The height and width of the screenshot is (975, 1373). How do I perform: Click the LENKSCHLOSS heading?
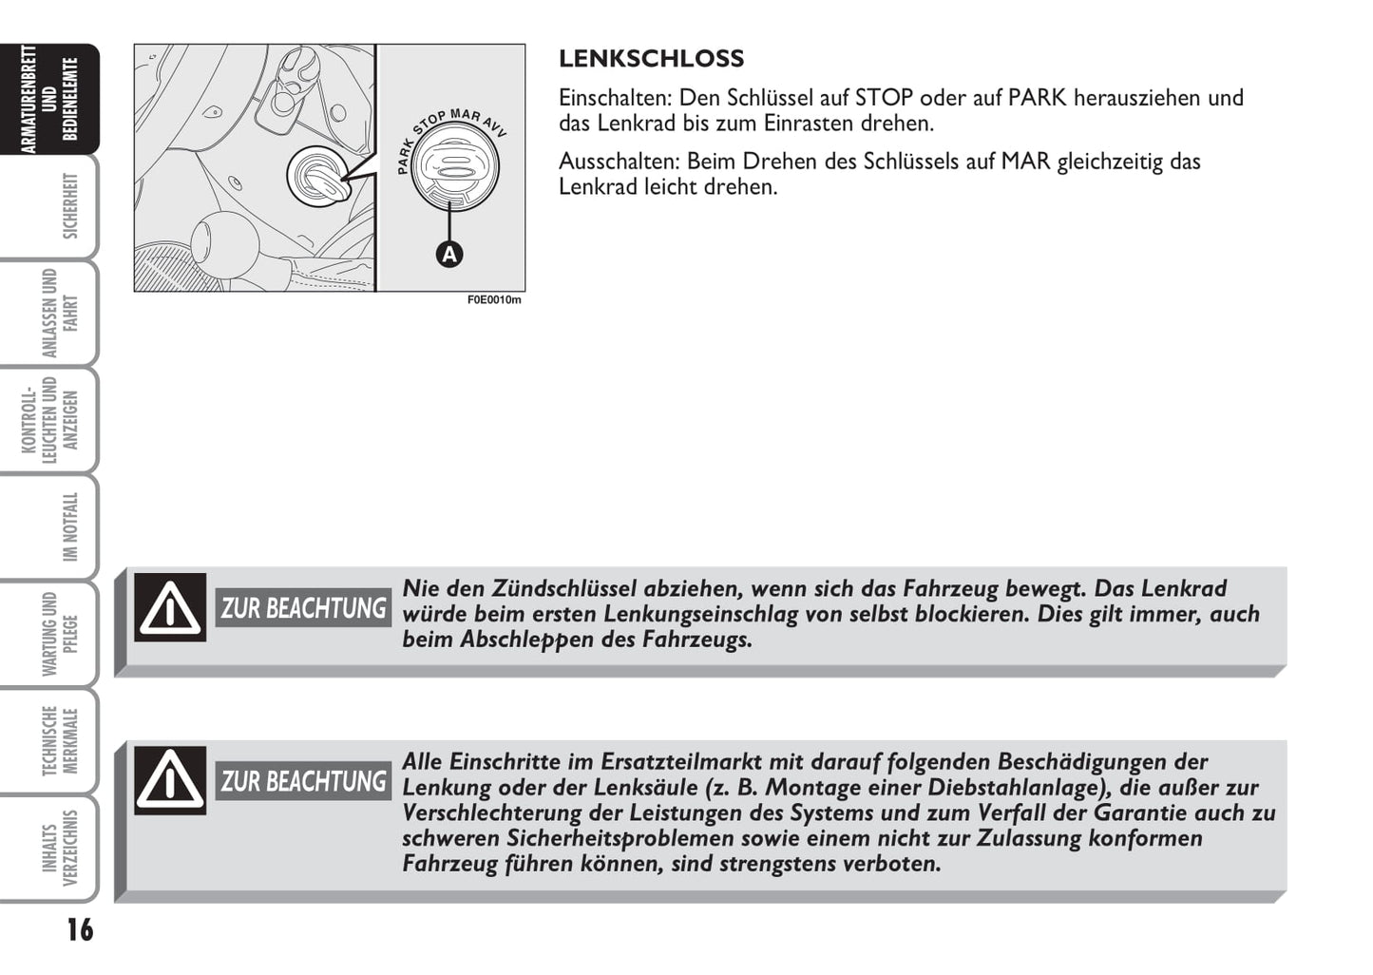click(651, 59)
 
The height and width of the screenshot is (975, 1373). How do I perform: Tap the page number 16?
click(80, 929)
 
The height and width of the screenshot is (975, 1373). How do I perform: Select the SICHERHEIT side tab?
click(69, 206)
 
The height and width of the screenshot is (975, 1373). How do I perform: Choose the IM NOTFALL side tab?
click(69, 526)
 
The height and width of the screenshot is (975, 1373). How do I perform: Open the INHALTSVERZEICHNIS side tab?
click(60, 848)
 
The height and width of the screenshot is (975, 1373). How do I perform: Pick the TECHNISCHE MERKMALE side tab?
click(60, 741)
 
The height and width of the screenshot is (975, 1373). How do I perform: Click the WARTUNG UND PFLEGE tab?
click(60, 634)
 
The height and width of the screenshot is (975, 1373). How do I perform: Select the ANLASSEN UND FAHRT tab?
click(60, 313)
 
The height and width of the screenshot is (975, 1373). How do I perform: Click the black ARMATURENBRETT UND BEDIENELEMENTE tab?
click(49, 99)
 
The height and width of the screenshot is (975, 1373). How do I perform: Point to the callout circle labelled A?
click(448, 255)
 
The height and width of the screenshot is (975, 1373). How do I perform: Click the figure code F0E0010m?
click(494, 300)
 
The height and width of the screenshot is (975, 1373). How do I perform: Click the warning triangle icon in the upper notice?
click(170, 607)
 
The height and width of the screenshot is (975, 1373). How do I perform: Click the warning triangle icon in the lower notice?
click(170, 780)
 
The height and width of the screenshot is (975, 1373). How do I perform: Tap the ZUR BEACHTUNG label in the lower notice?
click(303, 781)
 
